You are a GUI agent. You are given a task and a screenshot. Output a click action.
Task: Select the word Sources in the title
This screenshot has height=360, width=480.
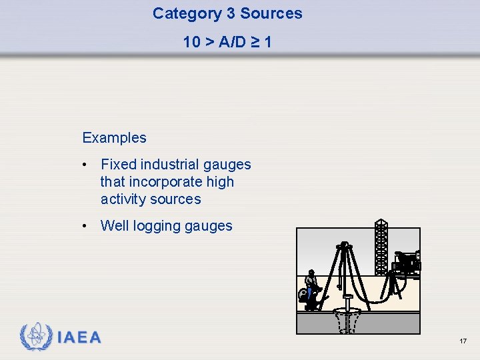pyautogui.click(x=271, y=13)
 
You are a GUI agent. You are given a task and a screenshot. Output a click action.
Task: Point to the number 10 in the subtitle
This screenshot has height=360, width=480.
pyautogui.click(x=191, y=42)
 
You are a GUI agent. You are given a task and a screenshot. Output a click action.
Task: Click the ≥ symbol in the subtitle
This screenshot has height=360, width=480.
pyautogui.click(x=253, y=42)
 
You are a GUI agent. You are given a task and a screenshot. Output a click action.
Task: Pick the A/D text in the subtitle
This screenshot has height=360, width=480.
pyautogui.click(x=230, y=42)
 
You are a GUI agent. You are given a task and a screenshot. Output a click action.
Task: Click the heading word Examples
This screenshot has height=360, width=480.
pyautogui.click(x=114, y=138)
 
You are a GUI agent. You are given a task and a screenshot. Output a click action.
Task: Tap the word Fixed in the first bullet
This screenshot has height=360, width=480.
pyautogui.click(x=117, y=165)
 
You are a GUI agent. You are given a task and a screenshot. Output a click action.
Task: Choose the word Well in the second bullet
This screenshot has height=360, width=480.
pyautogui.click(x=114, y=226)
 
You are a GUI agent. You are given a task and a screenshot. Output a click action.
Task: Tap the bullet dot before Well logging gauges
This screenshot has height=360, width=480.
pyautogui.click(x=85, y=226)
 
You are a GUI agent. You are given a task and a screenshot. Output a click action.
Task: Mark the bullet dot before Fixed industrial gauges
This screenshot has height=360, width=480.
pyautogui.click(x=85, y=165)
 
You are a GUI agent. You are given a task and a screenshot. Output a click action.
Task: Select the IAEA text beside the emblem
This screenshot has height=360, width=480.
pyautogui.click(x=79, y=337)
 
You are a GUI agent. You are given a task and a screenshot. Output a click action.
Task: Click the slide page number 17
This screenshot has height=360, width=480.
pyautogui.click(x=463, y=341)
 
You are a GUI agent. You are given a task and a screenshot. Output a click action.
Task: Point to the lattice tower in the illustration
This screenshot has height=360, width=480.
pyautogui.click(x=381, y=247)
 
